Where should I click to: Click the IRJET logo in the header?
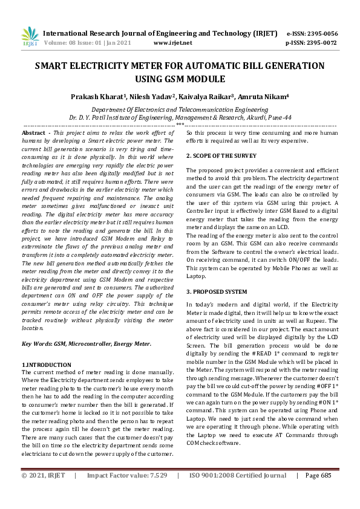pyautogui.click(x=30, y=37)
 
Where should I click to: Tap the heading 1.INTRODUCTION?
pyautogui.click(x=46, y=365)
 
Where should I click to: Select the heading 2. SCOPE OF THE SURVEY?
pyautogui.click(x=222, y=155)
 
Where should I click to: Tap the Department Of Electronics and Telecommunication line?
pyautogui.click(x=179, y=109)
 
